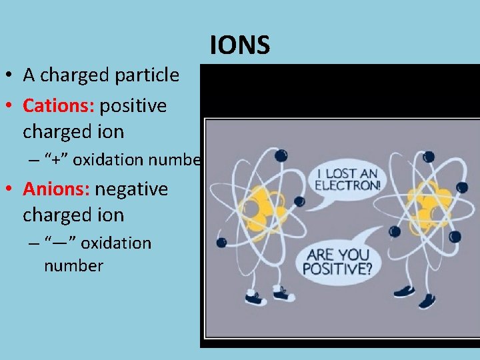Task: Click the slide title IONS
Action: point(240,45)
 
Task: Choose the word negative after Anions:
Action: point(131,189)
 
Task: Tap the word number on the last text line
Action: point(73,266)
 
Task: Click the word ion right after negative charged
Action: point(113,215)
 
